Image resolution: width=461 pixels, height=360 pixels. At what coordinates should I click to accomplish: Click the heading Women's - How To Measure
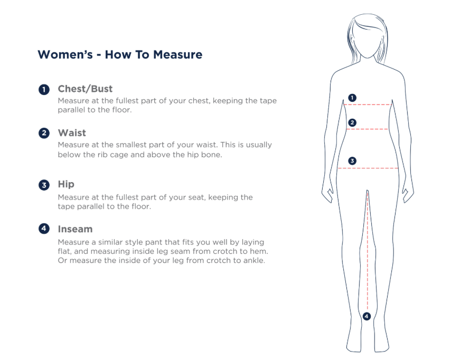120,54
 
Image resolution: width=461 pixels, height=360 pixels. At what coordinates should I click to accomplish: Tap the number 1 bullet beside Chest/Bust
44,89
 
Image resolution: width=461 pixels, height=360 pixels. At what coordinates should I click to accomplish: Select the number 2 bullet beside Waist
44,133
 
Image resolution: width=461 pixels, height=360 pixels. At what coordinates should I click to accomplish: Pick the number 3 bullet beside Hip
44,185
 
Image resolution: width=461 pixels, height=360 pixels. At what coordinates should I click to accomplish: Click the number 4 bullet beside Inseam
44,229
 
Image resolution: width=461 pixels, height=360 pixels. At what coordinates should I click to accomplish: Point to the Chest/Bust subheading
85,89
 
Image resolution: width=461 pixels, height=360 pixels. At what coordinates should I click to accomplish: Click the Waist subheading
72,133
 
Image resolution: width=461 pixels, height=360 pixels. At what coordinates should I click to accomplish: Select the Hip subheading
66,184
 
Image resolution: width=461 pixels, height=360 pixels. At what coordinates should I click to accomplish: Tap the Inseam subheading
75,229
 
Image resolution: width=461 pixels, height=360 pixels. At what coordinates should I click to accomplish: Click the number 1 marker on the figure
352,98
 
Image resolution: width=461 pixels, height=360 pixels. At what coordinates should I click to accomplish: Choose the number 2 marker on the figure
352,122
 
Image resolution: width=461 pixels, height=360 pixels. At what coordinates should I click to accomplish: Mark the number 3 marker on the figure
352,160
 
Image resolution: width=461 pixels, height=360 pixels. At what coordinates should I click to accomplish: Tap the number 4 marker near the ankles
366,316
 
